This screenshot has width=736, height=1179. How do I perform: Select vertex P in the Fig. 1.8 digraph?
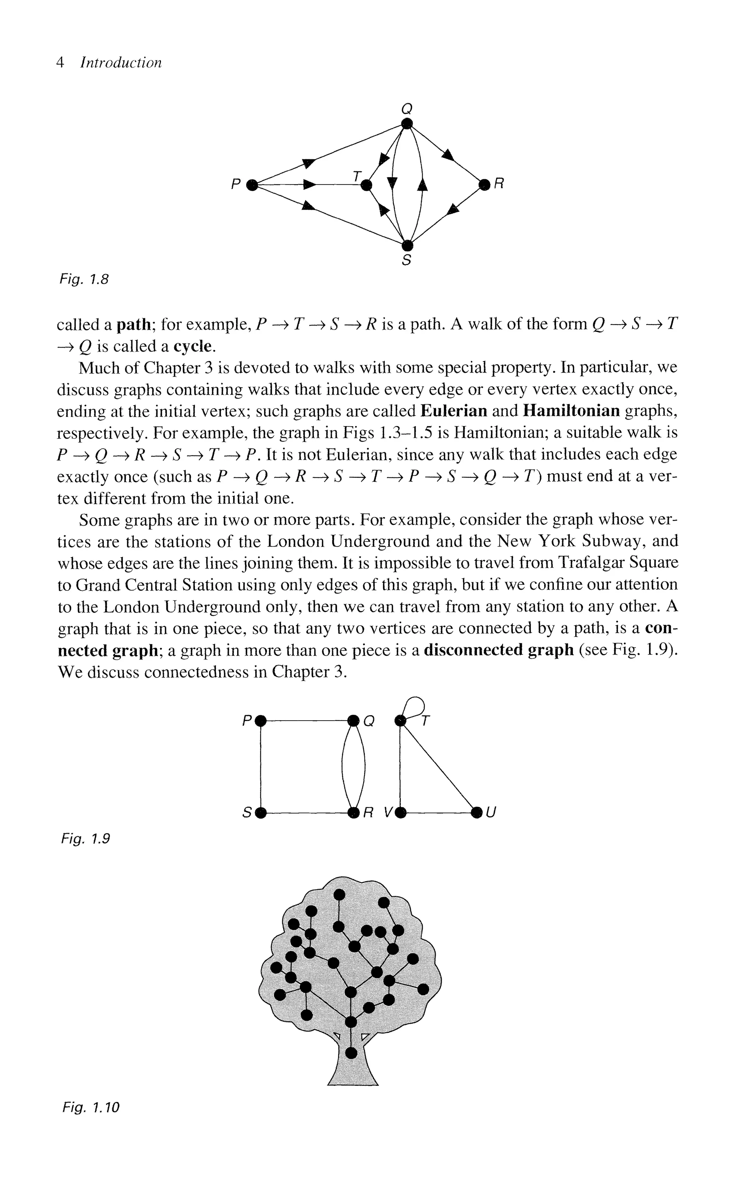tap(252, 185)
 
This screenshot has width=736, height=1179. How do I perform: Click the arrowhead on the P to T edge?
tap(309, 185)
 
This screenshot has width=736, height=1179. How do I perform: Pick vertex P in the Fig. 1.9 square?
tap(261, 720)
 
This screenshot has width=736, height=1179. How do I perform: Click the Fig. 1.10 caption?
tap(91, 1107)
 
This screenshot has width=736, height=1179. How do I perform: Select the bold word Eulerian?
tap(454, 411)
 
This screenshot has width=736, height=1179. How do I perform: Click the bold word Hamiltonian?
tap(571, 411)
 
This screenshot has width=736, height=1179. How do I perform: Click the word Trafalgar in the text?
tap(590, 563)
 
